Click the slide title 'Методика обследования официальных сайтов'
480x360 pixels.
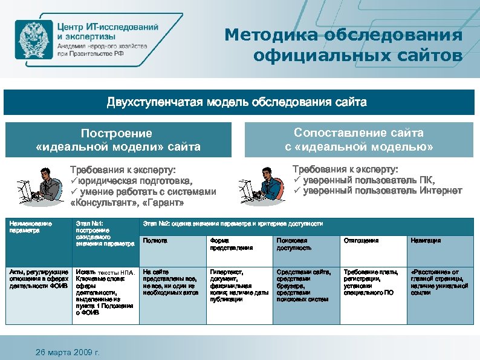pyautogui.click(x=343, y=45)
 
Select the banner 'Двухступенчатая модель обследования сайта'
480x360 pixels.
pyautogui.click(x=237, y=102)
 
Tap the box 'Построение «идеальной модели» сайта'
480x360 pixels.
pyautogui.click(x=118, y=140)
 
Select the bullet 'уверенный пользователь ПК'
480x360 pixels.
pyautogui.click(x=368, y=180)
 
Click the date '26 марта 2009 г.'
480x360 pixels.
pyautogui.click(x=68, y=352)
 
